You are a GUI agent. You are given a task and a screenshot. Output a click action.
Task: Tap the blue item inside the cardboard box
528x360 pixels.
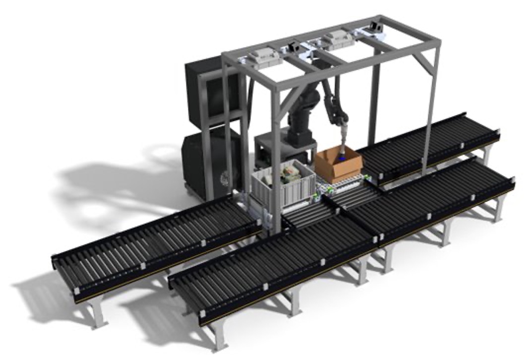(x=342, y=158)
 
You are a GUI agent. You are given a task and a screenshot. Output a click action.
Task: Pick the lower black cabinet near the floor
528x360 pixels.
(x=208, y=159)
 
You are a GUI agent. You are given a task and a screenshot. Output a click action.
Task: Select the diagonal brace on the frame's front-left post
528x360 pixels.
(x=287, y=104)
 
